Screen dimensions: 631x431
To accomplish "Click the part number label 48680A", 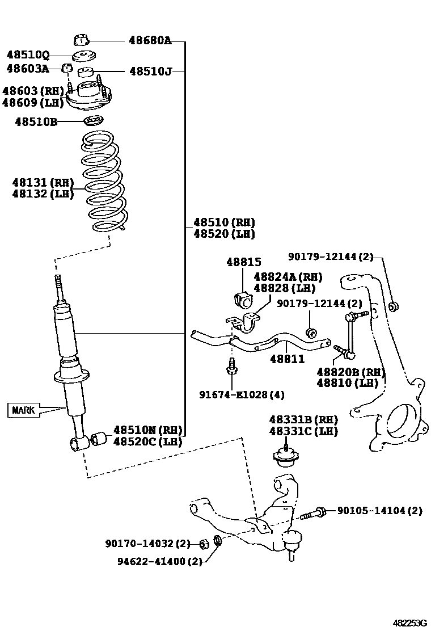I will (x=150, y=41).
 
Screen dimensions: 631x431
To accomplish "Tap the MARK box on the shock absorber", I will (x=24, y=409).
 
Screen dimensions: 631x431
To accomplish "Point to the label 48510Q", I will (x=28, y=56).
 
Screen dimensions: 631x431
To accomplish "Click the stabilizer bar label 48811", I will (x=287, y=359).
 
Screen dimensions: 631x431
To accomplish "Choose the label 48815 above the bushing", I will (x=244, y=263).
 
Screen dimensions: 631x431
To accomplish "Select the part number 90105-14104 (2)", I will (x=379, y=511).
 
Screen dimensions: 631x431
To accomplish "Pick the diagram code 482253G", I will (x=410, y=622).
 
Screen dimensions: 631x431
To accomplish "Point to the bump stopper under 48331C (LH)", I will (x=286, y=456).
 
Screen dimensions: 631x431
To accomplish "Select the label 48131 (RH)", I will (x=43, y=182).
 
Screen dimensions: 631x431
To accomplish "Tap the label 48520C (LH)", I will (x=148, y=441).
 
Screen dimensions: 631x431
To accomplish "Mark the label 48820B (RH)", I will (x=350, y=372).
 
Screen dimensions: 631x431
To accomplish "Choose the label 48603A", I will (x=27, y=69).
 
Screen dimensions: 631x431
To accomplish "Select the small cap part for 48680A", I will (x=82, y=40).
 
